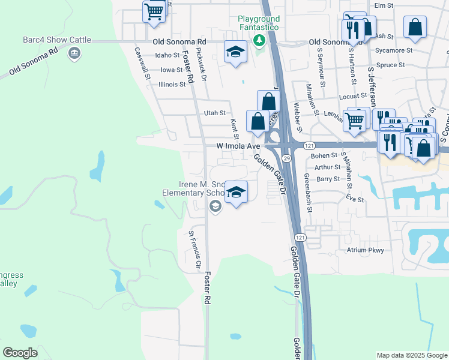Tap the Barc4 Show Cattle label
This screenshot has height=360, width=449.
pyautogui.click(x=57, y=40)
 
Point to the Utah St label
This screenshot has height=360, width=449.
pyautogui.click(x=214, y=113)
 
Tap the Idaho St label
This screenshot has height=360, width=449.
pyautogui.click(x=167, y=55)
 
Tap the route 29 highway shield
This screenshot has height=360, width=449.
pyautogui.click(x=287, y=158)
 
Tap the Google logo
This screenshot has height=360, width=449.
pyautogui.click(x=20, y=353)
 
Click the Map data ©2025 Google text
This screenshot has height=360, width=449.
pyautogui.click(x=412, y=355)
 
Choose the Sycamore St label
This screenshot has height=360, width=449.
pyautogui.click(x=393, y=50)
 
